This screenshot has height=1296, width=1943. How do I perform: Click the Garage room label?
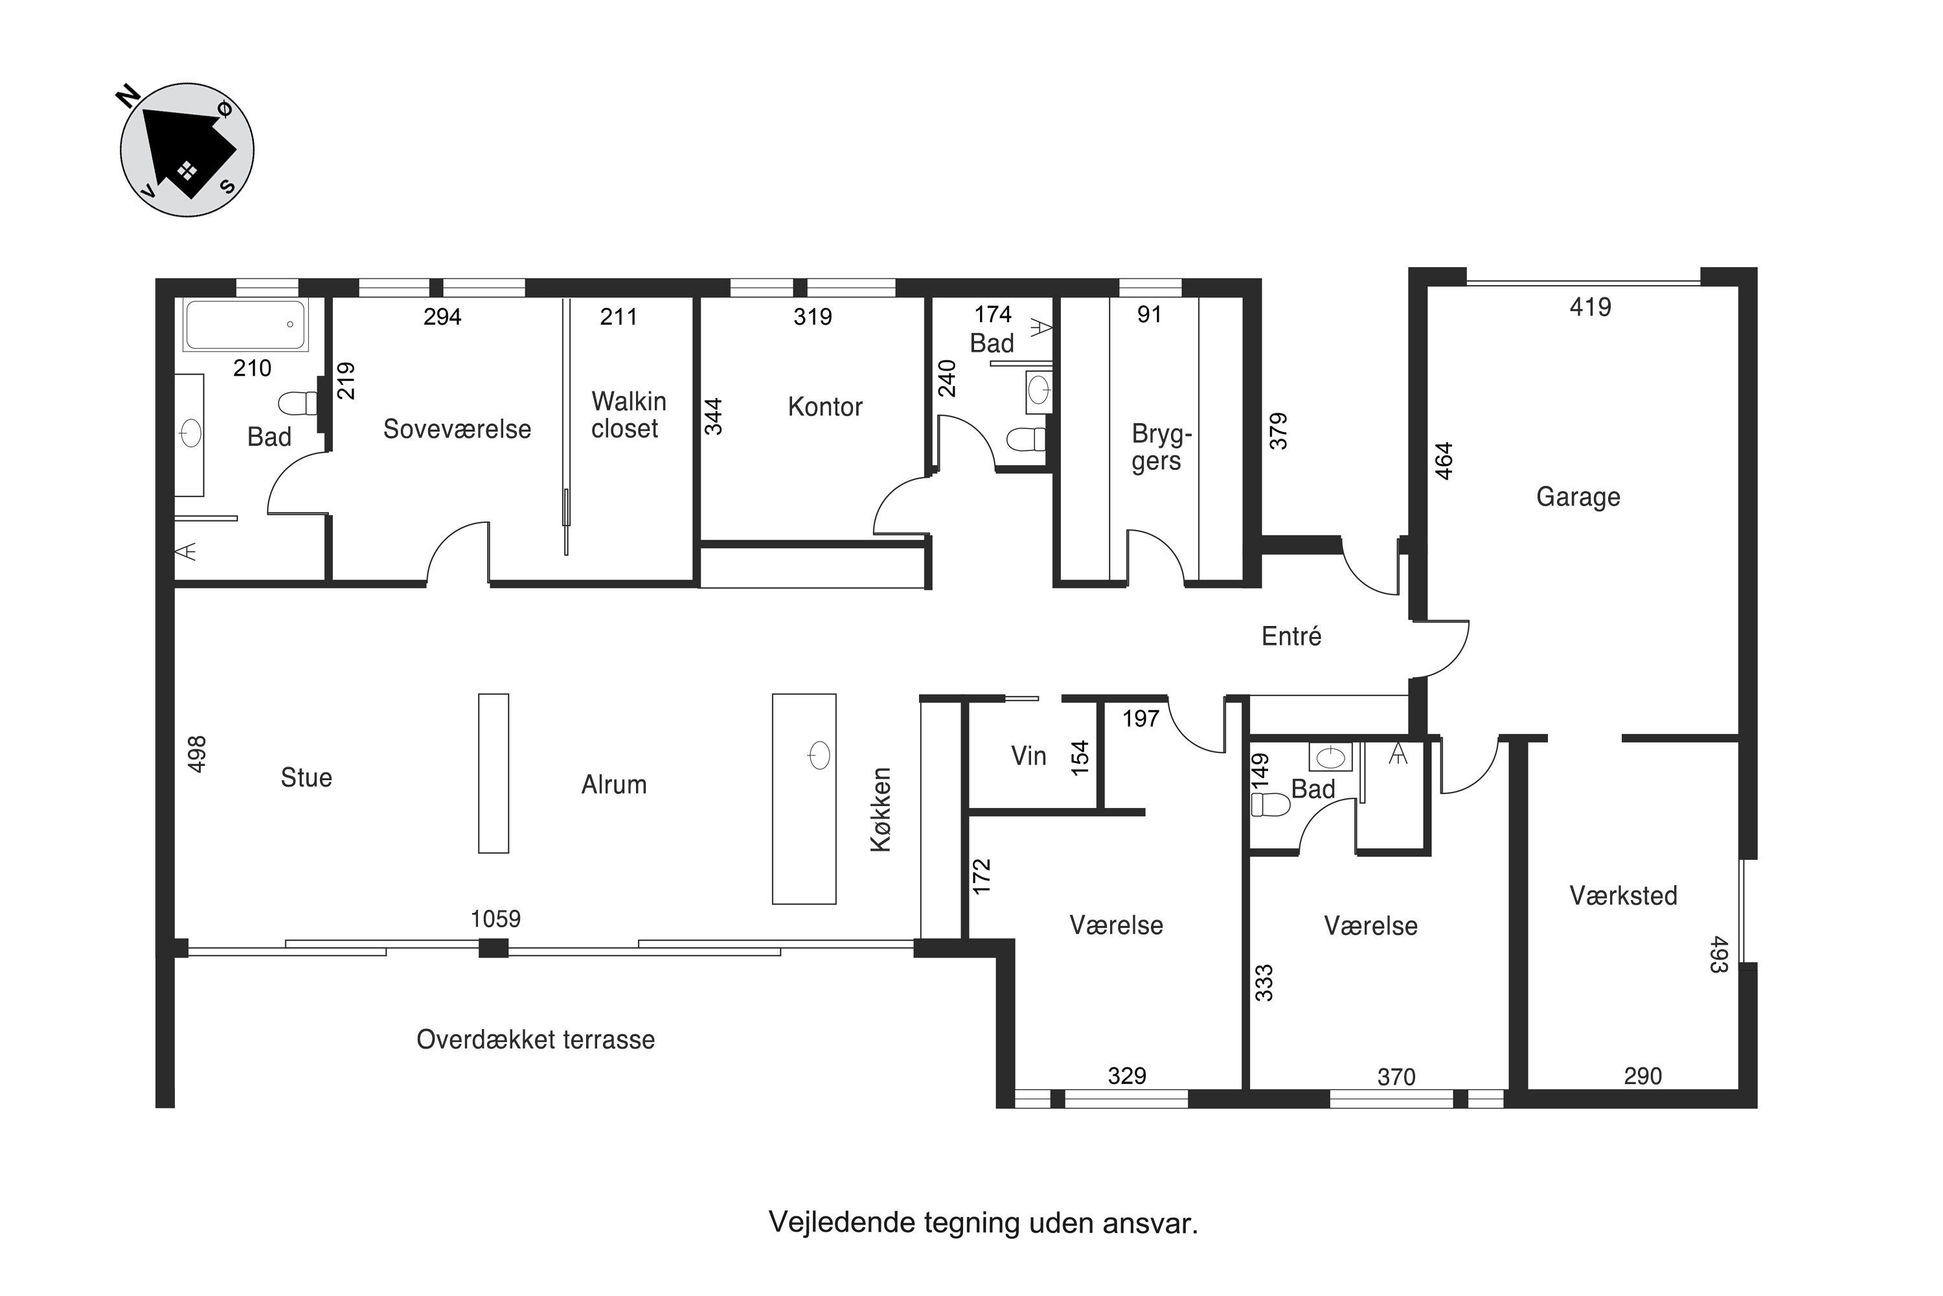(x=1578, y=497)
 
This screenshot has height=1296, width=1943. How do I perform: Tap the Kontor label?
(x=824, y=407)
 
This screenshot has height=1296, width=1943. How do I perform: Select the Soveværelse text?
(x=457, y=429)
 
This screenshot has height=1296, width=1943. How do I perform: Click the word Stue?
(x=306, y=777)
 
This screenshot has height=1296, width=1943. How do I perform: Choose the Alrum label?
(x=614, y=784)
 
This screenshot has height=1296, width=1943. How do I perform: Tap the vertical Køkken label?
(x=881, y=809)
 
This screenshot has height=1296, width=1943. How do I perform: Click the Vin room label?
(x=1028, y=756)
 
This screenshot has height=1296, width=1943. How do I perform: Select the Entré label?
(x=1291, y=636)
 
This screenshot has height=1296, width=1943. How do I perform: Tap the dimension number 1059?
(x=495, y=918)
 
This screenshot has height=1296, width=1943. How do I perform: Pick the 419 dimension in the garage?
(x=1590, y=307)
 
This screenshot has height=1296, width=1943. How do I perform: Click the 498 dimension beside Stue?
(x=197, y=754)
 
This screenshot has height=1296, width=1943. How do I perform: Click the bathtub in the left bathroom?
(x=245, y=325)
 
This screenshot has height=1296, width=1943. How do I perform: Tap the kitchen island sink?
(x=819, y=755)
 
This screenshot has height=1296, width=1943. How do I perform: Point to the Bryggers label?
(x=1161, y=447)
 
